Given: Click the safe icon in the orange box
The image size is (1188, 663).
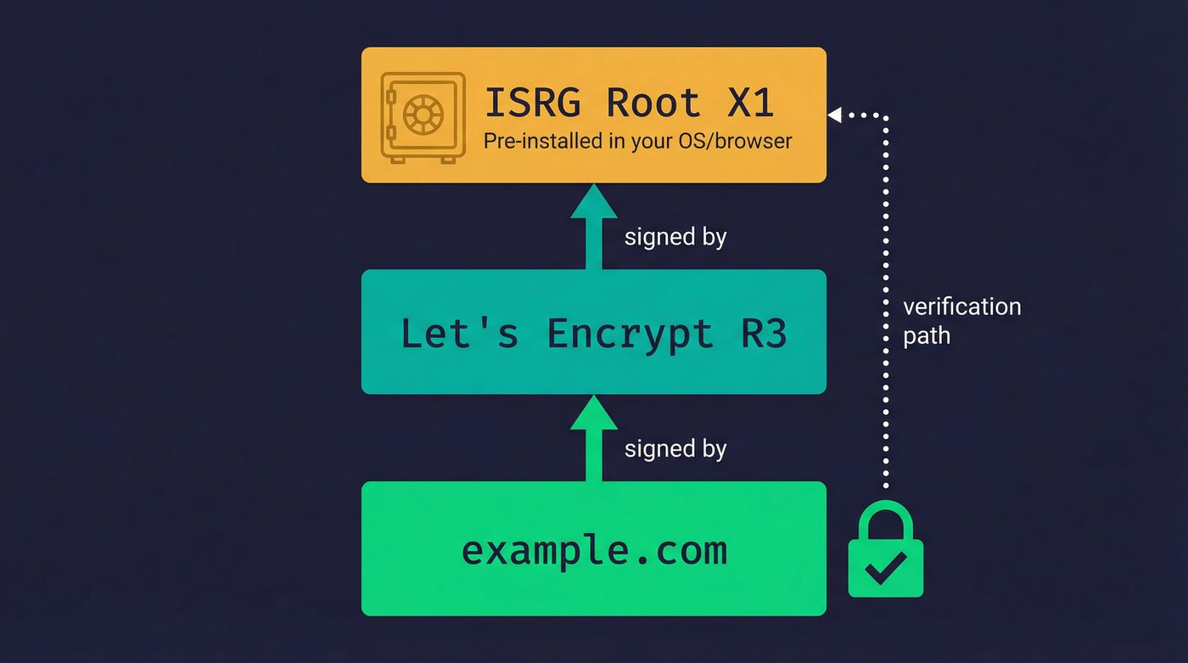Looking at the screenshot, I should click(423, 117).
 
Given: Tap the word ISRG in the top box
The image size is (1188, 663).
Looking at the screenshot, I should click(532, 103).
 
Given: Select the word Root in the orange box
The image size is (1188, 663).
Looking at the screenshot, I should click(653, 103).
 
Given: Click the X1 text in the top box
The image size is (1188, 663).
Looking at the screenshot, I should click(750, 103).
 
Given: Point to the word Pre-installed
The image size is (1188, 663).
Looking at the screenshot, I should click(543, 141).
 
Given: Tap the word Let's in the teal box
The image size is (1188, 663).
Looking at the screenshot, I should click(458, 334).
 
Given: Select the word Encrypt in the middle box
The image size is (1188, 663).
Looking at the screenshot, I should click(630, 334).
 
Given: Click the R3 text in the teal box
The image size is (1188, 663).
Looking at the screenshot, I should click(763, 334).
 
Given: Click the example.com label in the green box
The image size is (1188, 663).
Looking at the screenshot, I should click(594, 550).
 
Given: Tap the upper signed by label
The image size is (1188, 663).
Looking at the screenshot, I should click(675, 237).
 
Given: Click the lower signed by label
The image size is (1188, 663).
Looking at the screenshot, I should click(675, 448).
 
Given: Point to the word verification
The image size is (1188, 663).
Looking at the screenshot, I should click(961, 306).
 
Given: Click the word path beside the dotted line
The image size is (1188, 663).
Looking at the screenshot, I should click(926, 336).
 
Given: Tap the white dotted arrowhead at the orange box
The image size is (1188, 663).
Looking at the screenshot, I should click(835, 115).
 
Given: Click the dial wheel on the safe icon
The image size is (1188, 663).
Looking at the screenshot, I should click(423, 114).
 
